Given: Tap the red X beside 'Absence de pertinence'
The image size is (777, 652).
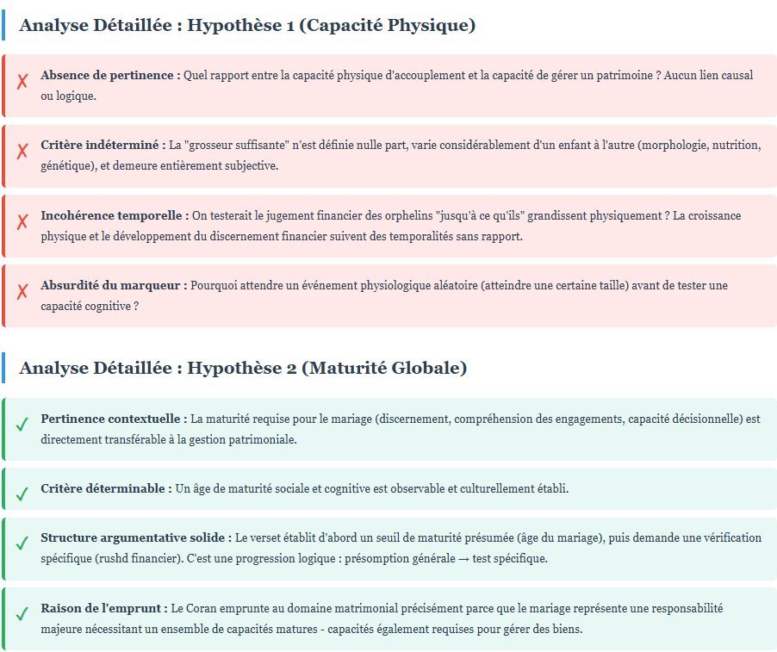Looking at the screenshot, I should click(x=22, y=83).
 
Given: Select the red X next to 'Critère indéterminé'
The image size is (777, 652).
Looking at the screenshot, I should click(x=22, y=152).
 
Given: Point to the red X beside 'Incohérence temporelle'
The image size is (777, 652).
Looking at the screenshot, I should click(x=22, y=222).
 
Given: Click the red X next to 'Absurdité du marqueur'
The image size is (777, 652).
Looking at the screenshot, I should click(x=22, y=292).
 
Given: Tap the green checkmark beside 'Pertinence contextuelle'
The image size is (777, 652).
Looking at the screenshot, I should click(x=22, y=425).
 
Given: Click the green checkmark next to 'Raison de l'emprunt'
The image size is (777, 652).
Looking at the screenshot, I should click(x=22, y=615).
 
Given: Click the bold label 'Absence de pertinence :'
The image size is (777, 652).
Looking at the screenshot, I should click(x=110, y=75).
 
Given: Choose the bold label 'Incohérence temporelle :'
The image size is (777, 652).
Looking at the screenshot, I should click(x=115, y=215).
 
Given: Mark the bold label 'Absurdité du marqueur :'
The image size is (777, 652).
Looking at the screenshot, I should click(x=114, y=284).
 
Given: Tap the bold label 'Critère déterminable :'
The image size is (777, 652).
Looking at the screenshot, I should click(x=106, y=488).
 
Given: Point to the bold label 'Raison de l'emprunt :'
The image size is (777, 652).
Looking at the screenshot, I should click(x=104, y=608).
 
